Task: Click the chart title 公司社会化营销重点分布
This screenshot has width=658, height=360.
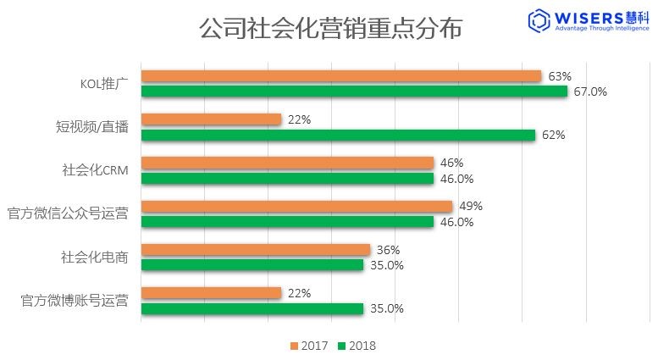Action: tap(331, 28)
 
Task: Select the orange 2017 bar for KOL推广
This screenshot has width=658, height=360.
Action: tap(341, 76)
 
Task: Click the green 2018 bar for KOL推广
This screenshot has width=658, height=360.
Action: tap(354, 91)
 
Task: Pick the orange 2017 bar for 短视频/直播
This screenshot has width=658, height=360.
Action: tap(211, 119)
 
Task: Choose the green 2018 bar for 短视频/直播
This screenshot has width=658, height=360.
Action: tap(338, 135)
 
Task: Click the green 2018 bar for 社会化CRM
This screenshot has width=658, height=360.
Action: tap(287, 179)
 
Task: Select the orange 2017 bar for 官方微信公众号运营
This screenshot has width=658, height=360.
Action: tap(296, 207)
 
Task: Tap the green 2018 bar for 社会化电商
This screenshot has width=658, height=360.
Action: tap(252, 265)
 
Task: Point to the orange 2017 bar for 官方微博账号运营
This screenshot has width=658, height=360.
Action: tap(211, 293)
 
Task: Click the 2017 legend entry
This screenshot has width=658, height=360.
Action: tap(310, 346)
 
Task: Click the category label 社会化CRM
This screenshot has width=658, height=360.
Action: tap(95, 169)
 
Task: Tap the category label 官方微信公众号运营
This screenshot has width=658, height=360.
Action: tap(68, 213)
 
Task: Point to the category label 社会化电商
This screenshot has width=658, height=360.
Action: tap(95, 257)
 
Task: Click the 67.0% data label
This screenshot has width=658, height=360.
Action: tap(590, 91)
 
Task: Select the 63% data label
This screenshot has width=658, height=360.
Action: tap(560, 76)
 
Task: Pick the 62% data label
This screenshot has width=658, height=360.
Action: tap(554, 135)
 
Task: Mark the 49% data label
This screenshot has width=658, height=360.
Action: tap(471, 206)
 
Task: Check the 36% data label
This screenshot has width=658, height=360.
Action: tap(388, 250)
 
